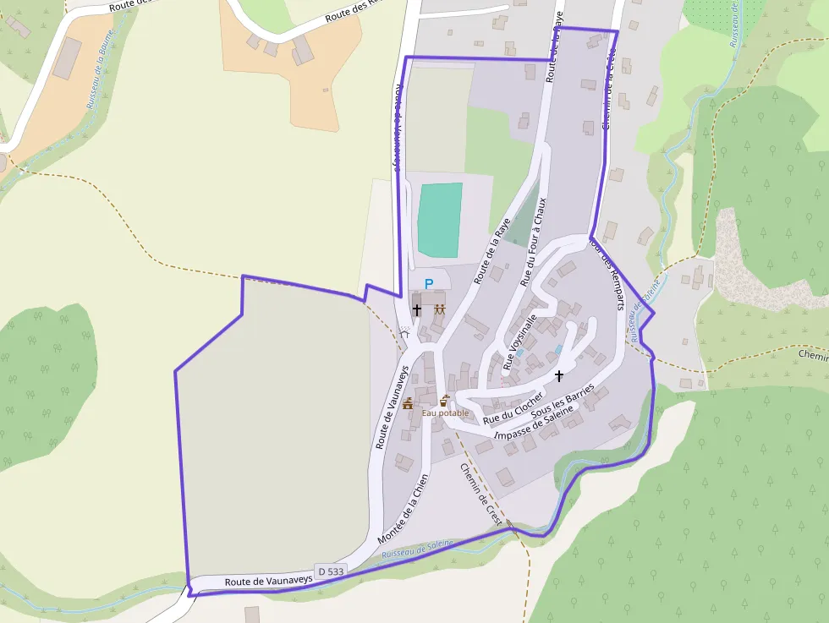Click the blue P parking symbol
click(x=428, y=284)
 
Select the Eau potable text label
click(x=445, y=413)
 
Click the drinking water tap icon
click(x=444, y=400)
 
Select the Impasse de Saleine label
click(x=535, y=423)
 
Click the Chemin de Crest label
click(x=481, y=495)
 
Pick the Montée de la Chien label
click(x=404, y=509)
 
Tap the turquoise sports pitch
click(x=440, y=220)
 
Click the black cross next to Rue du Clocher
click(x=558, y=375)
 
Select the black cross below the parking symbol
click(x=416, y=310)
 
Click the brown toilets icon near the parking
click(x=439, y=309)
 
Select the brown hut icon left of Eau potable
click(x=408, y=404)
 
